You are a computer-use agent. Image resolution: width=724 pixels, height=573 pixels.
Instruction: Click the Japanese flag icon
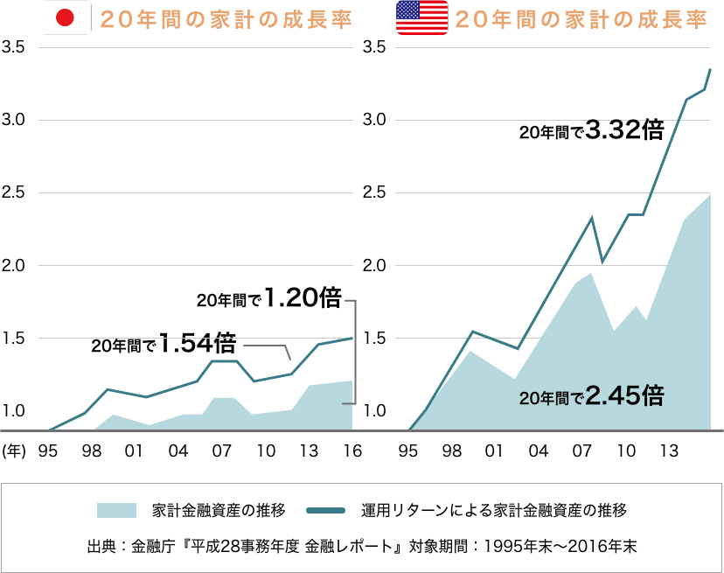[x=66, y=18]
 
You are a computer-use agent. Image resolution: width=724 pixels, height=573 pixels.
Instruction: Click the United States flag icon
[x=421, y=18]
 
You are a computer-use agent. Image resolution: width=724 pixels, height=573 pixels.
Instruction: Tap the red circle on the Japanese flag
[x=66, y=18]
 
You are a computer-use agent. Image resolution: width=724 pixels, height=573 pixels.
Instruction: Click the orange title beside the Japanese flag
[x=226, y=19]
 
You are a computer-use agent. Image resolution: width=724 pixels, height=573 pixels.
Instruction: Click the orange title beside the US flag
[x=581, y=19]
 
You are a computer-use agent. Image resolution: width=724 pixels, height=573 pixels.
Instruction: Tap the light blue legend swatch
[x=116, y=510]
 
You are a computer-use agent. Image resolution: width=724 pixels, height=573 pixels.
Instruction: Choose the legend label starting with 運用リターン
[x=494, y=510]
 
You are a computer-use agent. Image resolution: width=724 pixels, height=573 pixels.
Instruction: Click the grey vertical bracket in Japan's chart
[x=354, y=352]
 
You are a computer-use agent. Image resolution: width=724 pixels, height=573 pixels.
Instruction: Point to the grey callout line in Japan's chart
[x=267, y=347]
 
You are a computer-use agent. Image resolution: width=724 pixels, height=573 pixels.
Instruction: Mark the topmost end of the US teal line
[x=710, y=68]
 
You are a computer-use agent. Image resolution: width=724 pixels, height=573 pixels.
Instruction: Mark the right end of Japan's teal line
[x=352, y=338]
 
